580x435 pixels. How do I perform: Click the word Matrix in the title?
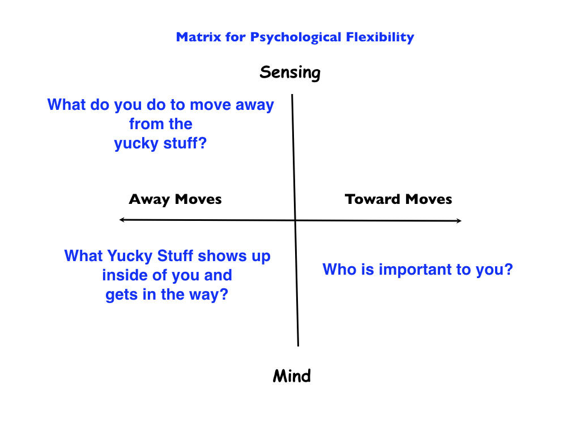(x=195, y=38)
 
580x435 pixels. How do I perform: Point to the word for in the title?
(x=228, y=38)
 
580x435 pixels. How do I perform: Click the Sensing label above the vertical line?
(x=290, y=72)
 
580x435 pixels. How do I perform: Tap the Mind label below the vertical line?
(x=292, y=376)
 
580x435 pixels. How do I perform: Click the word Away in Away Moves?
(x=150, y=199)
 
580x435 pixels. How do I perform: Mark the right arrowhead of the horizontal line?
(x=459, y=220)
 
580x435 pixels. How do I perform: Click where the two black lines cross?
(x=295, y=220)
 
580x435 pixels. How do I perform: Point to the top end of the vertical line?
(x=292, y=96)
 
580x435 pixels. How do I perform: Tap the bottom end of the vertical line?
(x=298, y=344)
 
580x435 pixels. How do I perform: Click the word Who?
(x=338, y=269)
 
